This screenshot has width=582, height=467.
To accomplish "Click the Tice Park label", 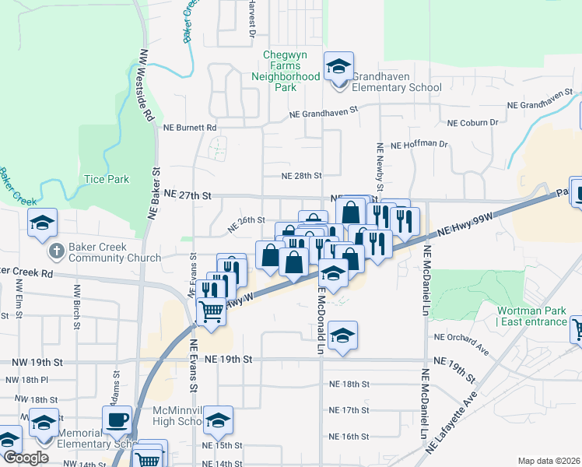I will coord(107,179).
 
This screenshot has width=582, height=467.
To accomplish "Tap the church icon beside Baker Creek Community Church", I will coord(56,251).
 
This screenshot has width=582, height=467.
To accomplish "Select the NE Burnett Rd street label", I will coord(189,127).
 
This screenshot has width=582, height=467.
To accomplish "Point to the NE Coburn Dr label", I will coord(473,122).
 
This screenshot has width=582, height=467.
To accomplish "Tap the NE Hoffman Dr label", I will coord(419,145).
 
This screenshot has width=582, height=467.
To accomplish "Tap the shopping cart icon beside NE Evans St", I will coord(212,311).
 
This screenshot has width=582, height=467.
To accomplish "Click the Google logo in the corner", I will coord(26,458).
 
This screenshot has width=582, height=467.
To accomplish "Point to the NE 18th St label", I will coord(348,384).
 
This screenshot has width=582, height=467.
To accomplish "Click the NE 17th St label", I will coord(348,410).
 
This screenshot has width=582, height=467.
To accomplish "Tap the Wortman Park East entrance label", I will coord(532,316).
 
